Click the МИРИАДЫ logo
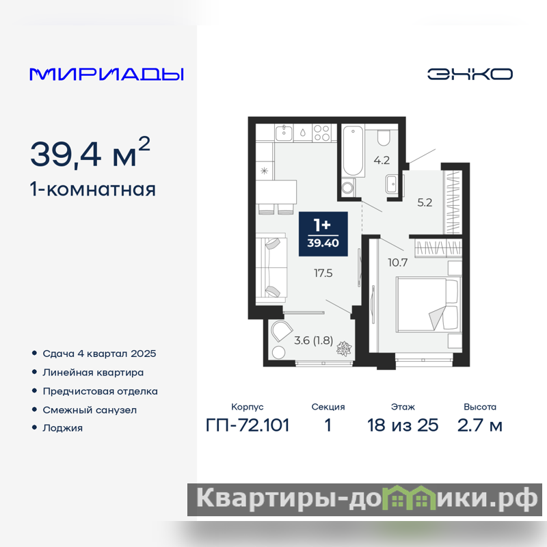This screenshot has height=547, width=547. [107, 75]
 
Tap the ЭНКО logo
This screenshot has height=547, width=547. [470, 74]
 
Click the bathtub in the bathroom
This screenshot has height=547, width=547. [353, 150]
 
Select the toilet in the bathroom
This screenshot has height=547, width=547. [384, 137]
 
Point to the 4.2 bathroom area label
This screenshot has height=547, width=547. [382, 160]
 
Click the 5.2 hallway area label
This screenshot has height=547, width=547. [425, 202]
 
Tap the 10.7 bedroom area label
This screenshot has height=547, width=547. [397, 263]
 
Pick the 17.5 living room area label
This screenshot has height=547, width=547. [323, 273]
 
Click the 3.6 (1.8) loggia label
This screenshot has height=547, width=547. [313, 340]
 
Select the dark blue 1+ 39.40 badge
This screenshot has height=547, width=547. [323, 234]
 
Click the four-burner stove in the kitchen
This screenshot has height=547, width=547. [321, 133]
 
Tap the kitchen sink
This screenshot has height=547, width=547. [284, 133]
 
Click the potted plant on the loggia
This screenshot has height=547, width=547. [344, 349]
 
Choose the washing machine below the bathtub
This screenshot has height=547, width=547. [348, 187]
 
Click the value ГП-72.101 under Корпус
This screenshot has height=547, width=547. [248, 425]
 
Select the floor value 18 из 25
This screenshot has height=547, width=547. [403, 425]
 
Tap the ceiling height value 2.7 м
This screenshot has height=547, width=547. [480, 425]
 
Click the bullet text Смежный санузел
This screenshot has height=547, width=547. [90, 410]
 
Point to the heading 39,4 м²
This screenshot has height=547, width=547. [90, 152]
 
